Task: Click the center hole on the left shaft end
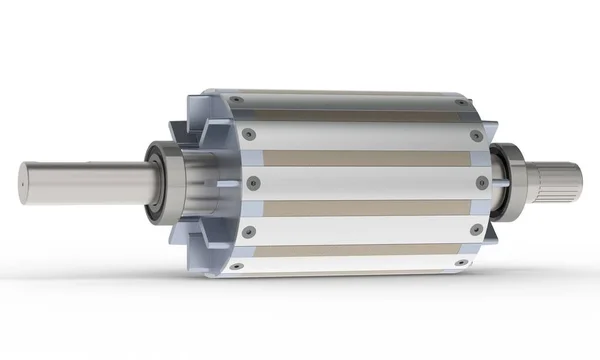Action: point(22,181)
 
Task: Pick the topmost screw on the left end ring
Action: point(235,100)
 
